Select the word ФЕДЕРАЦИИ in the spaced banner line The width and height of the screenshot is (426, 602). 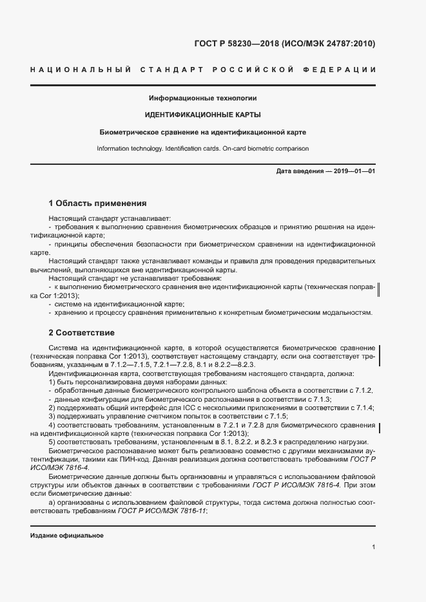point(344,69)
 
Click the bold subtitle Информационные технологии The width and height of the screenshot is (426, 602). point(202,99)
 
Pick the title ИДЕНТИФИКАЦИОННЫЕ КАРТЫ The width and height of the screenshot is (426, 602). point(202,115)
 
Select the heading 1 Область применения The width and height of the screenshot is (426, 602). point(98,202)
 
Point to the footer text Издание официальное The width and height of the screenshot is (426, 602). point(67,536)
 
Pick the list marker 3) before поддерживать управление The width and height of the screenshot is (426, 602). point(52,416)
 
